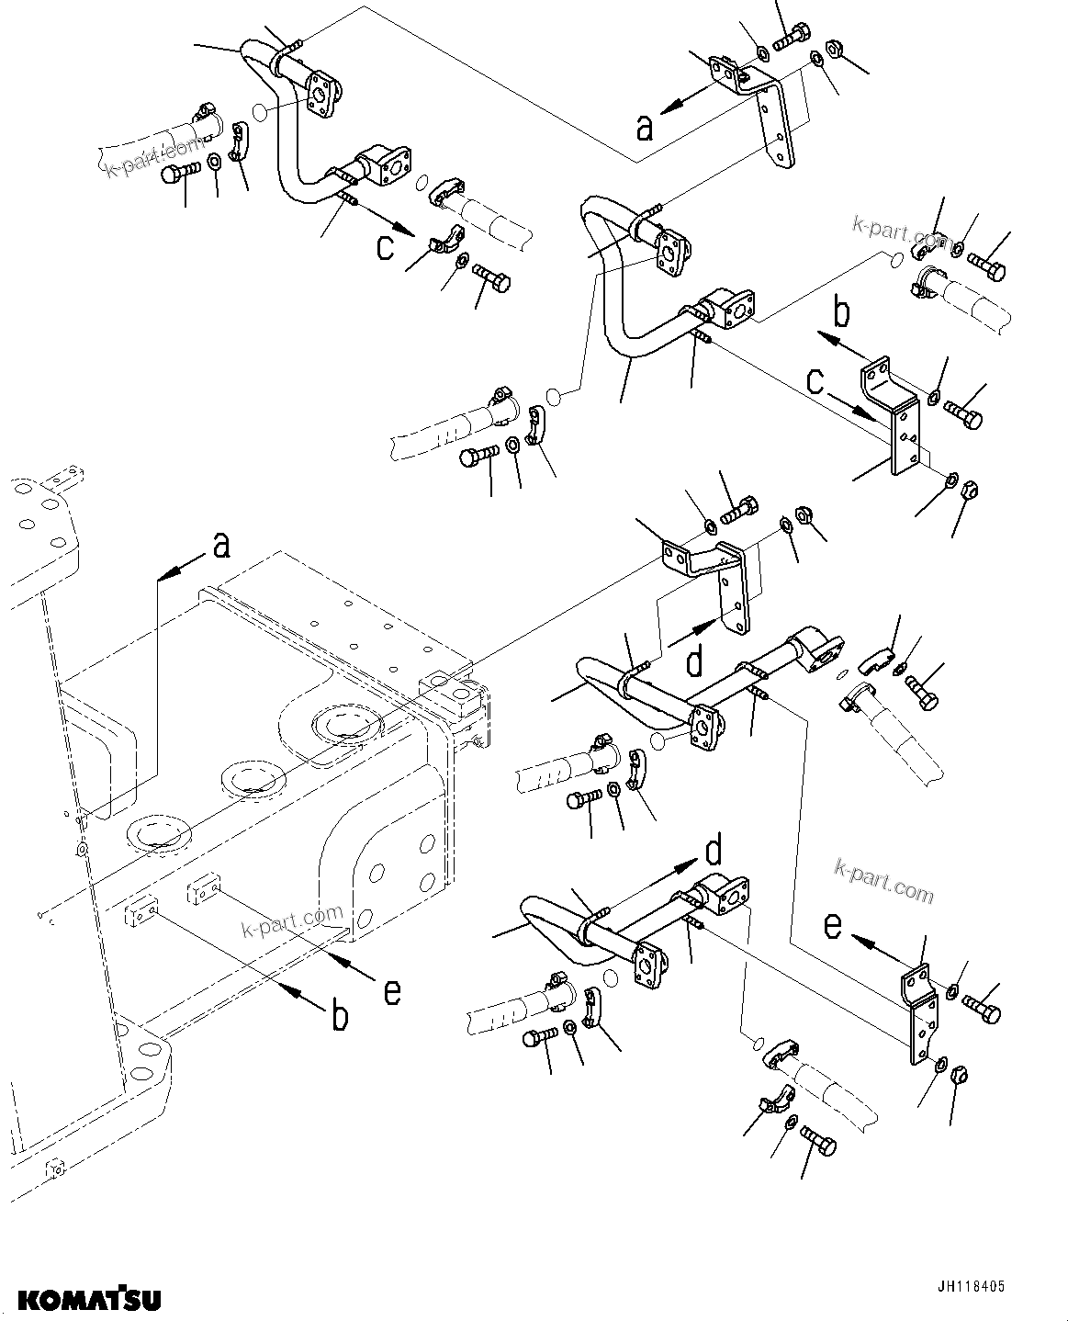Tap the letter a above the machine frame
pos(220,547)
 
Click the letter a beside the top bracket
pos(645,127)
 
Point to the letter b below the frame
pos(339,1017)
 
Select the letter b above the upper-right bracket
pos(840,313)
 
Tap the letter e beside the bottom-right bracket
pos(832,925)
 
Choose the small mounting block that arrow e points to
pos(206,889)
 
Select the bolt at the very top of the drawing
pos(793,40)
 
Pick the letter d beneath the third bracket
pos(695,660)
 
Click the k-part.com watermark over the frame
pos(291,921)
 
